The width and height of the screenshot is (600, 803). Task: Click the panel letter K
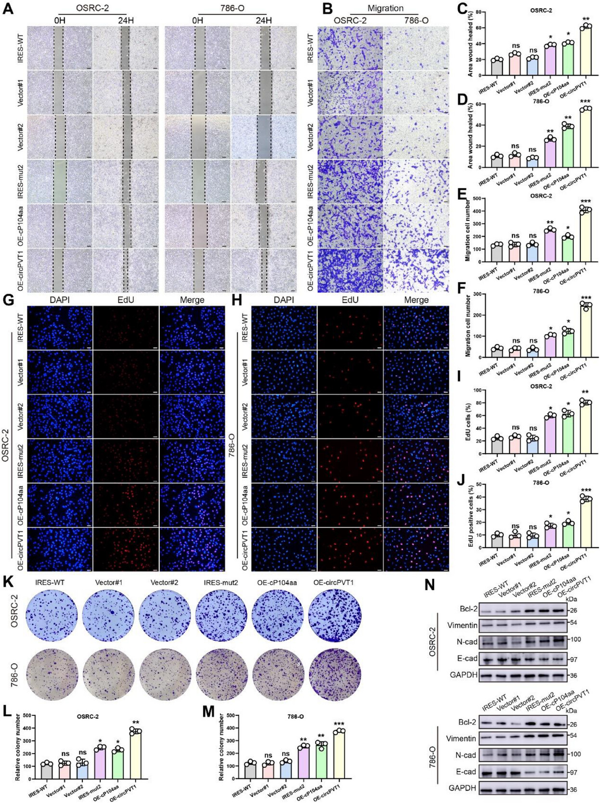[x=8, y=582]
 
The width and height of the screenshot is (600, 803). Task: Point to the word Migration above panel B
[x=385, y=8]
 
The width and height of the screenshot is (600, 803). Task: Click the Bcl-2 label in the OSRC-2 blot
[x=468, y=609]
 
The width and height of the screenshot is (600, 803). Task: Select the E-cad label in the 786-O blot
[x=466, y=771]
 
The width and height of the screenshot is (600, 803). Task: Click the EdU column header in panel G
[x=126, y=300]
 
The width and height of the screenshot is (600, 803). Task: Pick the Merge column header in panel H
[x=416, y=300]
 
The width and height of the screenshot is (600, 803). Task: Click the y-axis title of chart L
[x=17, y=748]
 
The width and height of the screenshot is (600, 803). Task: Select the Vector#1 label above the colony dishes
[x=109, y=582]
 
